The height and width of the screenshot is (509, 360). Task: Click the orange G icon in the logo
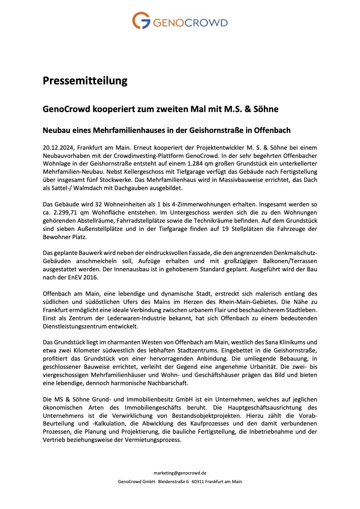(141, 21)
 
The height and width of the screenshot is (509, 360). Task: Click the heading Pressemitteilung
(85, 81)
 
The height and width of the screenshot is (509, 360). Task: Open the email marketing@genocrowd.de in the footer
(180, 472)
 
